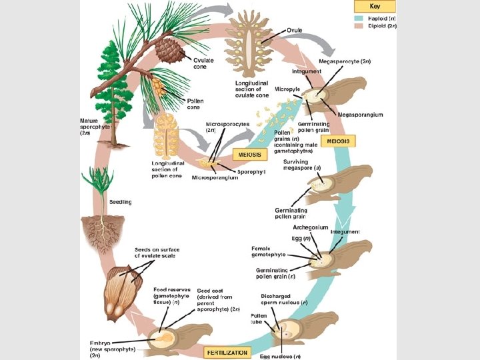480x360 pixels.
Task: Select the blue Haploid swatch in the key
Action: [358, 18]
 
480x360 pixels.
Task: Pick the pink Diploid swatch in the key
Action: [358, 27]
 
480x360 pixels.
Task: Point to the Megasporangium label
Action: [361, 115]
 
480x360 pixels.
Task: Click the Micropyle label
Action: [287, 89]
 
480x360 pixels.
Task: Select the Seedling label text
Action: [120, 202]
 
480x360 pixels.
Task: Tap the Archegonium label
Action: [310, 227]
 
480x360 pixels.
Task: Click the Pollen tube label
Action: [259, 319]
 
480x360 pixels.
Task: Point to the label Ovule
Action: [296, 31]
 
